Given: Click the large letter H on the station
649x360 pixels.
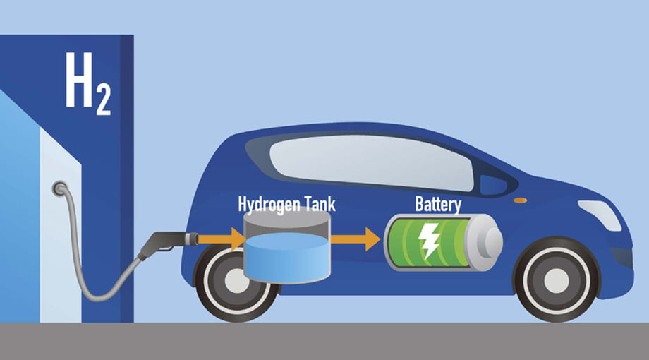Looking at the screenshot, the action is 79,80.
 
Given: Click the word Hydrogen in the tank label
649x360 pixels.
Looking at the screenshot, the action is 269,205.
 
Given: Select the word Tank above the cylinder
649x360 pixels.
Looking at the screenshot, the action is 320,203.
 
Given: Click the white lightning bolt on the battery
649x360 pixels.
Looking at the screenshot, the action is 429,241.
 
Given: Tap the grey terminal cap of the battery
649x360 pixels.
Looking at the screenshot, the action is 485,242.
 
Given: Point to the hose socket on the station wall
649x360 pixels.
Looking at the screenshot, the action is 60,188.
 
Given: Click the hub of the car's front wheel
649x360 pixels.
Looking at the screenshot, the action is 557,280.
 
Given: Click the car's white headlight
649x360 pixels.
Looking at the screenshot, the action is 600,215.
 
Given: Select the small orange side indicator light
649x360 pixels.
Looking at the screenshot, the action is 521,200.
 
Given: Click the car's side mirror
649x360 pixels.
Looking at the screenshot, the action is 493,185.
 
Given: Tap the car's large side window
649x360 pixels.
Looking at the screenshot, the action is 370,162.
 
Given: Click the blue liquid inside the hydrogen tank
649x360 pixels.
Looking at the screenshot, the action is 287,258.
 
